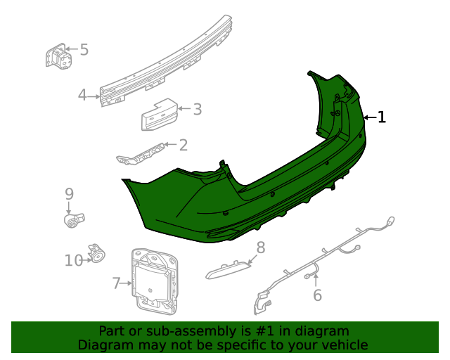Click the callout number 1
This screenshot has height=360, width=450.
pyautogui.click(x=382, y=117)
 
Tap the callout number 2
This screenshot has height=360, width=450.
pyautogui.click(x=184, y=146)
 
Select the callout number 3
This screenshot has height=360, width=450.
pyautogui.click(x=198, y=109)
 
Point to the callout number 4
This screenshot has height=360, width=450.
pyautogui.click(x=82, y=95)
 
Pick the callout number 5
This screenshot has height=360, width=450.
pyautogui.click(x=84, y=50)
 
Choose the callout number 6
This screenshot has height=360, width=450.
pyautogui.click(x=317, y=295)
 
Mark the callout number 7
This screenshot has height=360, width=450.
pyautogui.click(x=117, y=283)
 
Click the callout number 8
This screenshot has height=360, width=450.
pyautogui.click(x=260, y=247)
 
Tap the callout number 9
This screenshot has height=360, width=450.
pyautogui.click(x=69, y=193)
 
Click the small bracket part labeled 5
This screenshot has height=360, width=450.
pyautogui.click(x=58, y=56)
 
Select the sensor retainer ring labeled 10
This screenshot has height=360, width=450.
pyautogui.click(x=96, y=253)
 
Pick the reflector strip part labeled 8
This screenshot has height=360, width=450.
pyautogui.click(x=229, y=270)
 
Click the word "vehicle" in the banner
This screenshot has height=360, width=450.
pyautogui.click(x=344, y=345)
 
